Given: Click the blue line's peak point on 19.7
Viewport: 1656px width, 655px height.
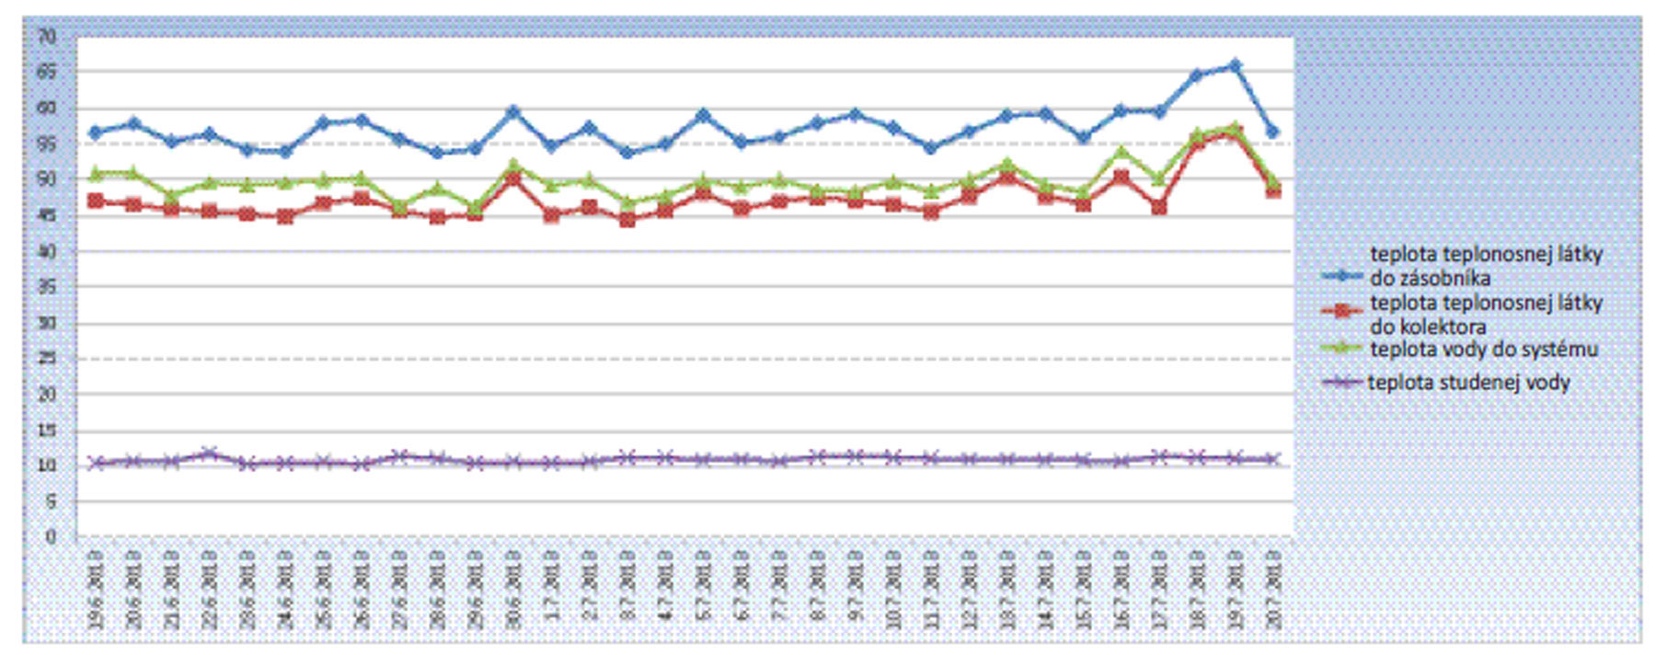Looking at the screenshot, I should coord(1235,65).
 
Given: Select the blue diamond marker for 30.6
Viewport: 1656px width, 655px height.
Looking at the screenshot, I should coord(513,112).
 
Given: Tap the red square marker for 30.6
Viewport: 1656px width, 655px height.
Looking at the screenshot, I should coord(513,178).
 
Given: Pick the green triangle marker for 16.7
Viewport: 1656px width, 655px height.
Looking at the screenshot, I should coord(1121,153).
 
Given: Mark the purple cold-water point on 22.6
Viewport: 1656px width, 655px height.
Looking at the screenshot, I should coord(209,453).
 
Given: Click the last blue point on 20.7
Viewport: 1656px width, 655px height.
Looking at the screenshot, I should coord(1272,132).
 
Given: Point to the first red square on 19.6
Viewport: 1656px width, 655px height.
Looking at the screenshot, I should coord(95,201).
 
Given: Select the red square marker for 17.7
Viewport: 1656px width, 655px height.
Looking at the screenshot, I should coord(1159,207).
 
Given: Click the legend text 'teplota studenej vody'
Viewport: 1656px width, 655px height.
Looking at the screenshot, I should coord(1468,383).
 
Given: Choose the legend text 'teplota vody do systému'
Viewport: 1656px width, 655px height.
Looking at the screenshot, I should coord(1483,350).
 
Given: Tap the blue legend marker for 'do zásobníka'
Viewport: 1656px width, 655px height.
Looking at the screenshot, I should coord(1341,275).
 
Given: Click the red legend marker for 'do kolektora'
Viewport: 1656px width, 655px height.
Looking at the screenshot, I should coord(1341,311).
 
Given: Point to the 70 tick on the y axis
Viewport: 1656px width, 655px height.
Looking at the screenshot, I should coord(47,37).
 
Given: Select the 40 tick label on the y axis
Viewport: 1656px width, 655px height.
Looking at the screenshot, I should coord(47,251).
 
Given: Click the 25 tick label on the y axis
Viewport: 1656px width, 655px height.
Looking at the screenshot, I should coord(47,359).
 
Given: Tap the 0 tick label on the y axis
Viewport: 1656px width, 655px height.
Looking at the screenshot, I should coord(51,536).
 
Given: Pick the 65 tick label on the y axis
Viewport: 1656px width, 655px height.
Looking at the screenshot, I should coord(47,72).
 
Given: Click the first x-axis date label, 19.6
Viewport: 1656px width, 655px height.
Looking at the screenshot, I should coord(96,589).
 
